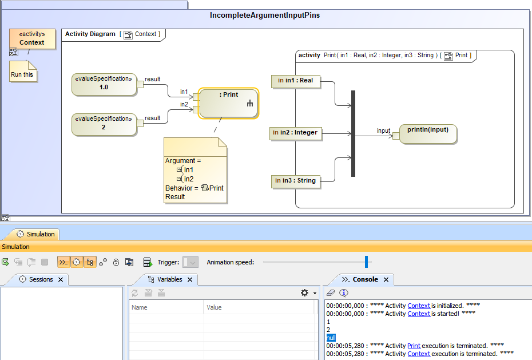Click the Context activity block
[x=32, y=39]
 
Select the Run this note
[x=23, y=73]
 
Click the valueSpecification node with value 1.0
[x=104, y=84]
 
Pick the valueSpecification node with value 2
[x=104, y=124]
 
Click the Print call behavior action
[x=228, y=102]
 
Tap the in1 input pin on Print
[x=196, y=97]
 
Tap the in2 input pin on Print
[x=196, y=109]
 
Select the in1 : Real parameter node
[x=295, y=81]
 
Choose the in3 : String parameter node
[x=295, y=181]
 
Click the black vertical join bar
[x=353, y=133]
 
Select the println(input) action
[x=428, y=133]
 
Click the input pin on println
[x=396, y=136]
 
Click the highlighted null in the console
[x=331, y=338]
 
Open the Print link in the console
[x=414, y=346]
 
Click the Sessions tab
[x=41, y=279]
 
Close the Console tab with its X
[x=386, y=279]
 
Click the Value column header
[x=215, y=307]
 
